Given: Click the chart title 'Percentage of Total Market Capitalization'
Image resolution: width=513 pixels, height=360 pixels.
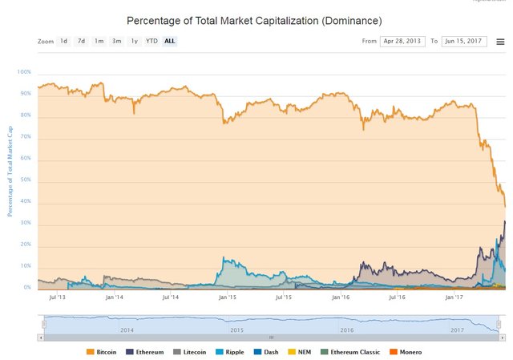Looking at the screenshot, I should [x=254, y=19].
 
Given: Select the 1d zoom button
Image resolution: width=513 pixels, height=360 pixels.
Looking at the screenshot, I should [x=63, y=41].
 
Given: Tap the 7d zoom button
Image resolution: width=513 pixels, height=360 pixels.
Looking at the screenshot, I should [x=81, y=41].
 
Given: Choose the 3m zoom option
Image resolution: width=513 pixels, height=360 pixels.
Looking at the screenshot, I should [x=116, y=41].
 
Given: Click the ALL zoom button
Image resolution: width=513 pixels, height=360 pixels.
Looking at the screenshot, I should [x=170, y=41].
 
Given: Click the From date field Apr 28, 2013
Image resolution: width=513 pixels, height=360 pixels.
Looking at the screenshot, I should [x=401, y=41].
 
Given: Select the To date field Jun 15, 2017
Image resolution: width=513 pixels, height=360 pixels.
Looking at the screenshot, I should [x=463, y=41].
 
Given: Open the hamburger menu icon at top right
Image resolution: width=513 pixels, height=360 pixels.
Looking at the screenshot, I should [x=500, y=41].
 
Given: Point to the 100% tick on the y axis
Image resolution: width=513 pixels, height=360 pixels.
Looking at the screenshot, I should [x=23, y=72].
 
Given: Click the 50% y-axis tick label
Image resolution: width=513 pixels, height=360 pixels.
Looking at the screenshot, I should [x=25, y=180].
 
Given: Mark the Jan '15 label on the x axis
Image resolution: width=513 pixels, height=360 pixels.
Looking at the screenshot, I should [x=227, y=297].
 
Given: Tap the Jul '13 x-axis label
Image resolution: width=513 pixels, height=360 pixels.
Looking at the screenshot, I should [x=57, y=297].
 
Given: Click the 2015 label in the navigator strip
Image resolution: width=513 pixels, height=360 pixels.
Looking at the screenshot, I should [x=236, y=330].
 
